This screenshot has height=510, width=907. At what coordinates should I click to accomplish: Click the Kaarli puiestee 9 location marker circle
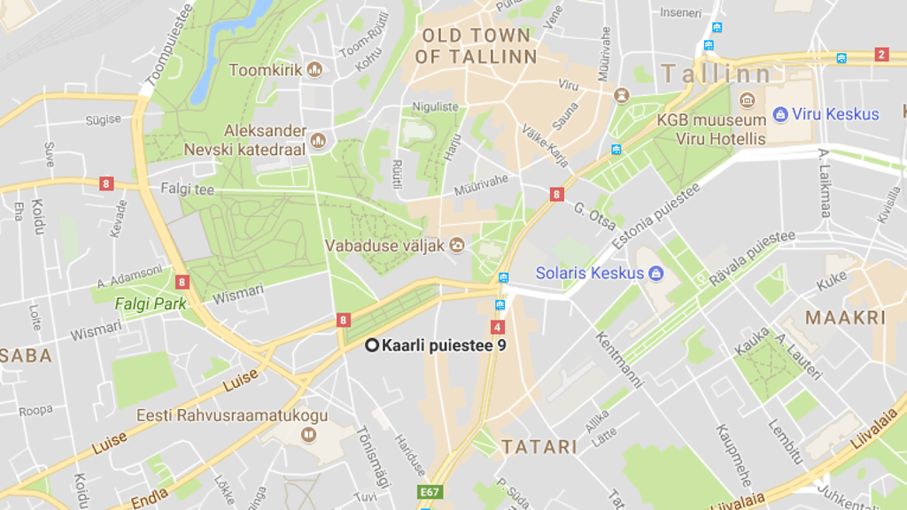[x=372, y=345]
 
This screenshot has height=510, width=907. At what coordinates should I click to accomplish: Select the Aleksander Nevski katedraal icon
[x=319, y=140]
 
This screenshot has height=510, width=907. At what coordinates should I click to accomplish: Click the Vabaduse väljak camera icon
[x=457, y=245]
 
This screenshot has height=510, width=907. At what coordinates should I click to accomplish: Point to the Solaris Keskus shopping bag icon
[x=656, y=273]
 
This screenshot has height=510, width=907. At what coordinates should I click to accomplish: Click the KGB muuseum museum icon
[x=747, y=99]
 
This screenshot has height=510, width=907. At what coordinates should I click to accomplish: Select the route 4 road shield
[x=497, y=327]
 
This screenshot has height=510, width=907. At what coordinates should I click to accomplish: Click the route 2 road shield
[x=880, y=55]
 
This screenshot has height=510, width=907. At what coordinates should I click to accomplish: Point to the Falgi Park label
[x=151, y=304]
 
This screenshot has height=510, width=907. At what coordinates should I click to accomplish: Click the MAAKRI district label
[x=833, y=317]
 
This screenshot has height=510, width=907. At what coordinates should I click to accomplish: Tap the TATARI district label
[x=539, y=446]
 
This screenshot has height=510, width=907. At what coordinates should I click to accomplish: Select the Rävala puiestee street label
[x=751, y=259]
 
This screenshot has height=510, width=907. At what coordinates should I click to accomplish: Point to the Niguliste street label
[x=436, y=107]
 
